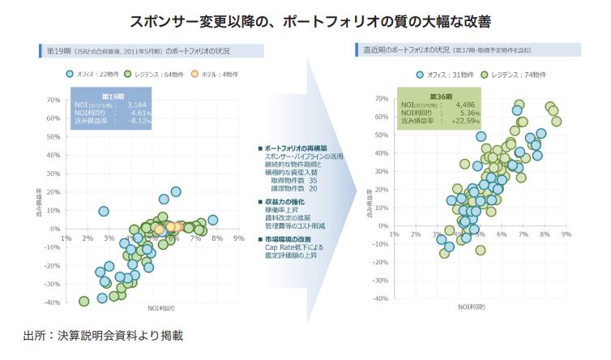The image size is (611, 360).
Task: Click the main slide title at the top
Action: (x=305, y=17)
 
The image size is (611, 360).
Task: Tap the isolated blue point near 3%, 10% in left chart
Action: (x=104, y=212)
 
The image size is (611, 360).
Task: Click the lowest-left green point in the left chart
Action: (x=83, y=301)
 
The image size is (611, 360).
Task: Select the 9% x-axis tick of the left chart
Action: (x=239, y=238)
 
